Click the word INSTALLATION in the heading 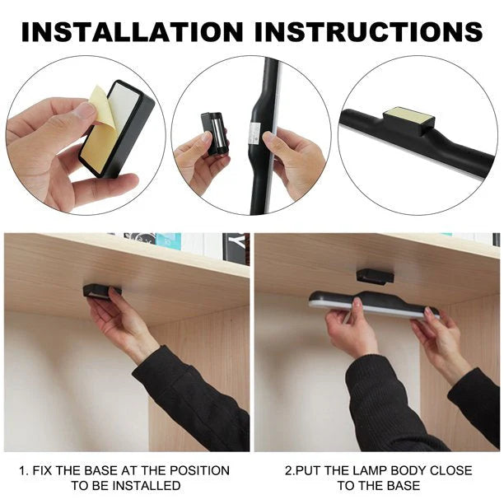pyautogui.click(x=132, y=31)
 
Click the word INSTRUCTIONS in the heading pyautogui.click(x=369, y=31)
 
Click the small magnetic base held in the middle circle pyautogui.click(x=214, y=133)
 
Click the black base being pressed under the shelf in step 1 pyautogui.click(x=97, y=291)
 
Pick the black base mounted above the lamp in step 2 pyautogui.click(x=375, y=276)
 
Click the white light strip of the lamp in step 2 pyautogui.click(x=373, y=308)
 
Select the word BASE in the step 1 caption pyautogui.click(x=100, y=470)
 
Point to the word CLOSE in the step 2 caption pyautogui.click(x=450, y=470)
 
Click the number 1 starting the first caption pyautogui.click(x=22, y=471)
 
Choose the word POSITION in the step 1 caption pyautogui.click(x=199, y=470)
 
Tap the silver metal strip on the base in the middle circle pyautogui.click(x=217, y=133)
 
